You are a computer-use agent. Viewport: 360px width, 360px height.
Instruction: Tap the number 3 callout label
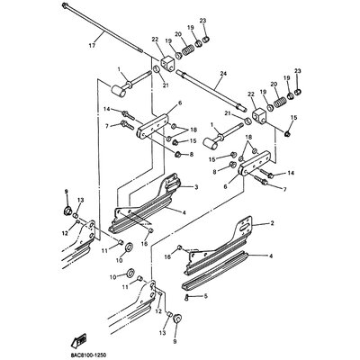[195, 186]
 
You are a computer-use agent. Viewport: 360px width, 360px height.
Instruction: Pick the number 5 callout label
[206, 296]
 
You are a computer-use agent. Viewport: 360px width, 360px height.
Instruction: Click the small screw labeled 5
[186, 296]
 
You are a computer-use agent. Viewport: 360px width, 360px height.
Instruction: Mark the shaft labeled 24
[207, 99]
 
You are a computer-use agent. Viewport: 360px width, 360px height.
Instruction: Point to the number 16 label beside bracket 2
[167, 257]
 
